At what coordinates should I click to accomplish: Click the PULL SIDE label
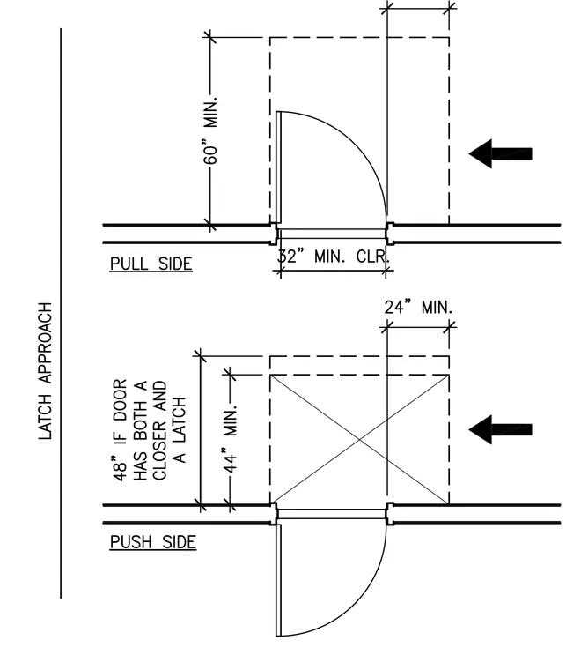151,264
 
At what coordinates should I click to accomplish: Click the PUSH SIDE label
153,542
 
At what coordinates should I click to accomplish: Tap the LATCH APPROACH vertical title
45,371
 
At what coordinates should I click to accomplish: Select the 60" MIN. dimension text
210,130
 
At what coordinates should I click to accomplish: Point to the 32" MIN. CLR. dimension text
334,257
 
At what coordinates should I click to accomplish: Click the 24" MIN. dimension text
418,307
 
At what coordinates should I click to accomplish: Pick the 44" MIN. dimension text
231,440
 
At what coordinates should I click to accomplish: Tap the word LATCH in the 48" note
180,419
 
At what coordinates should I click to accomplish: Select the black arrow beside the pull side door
500,153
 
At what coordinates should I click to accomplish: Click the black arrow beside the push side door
500,429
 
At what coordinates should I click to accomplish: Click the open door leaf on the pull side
278,167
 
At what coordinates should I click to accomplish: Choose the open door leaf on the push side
278,580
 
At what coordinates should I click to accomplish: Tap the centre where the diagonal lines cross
359,440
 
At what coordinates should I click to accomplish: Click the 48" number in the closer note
121,470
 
